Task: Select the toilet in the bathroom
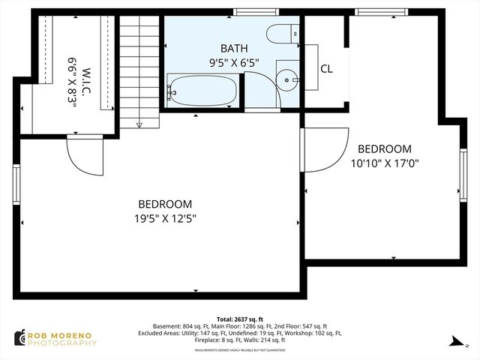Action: coord(286,34)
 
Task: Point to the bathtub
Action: coord(201,91)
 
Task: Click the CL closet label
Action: coord(326,69)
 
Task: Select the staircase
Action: coord(140,71)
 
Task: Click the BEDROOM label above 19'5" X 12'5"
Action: coord(164,204)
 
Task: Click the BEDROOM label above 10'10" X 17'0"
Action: coord(384,148)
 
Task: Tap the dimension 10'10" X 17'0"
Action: coord(384,162)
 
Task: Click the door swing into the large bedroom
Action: coord(84,155)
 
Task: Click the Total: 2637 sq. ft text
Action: coord(239,319)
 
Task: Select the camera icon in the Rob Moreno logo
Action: coord(19,338)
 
